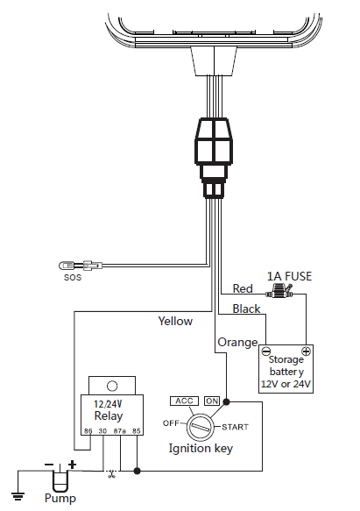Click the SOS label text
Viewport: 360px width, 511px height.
[x=73, y=277]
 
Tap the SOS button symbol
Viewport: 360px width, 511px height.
[x=67, y=266]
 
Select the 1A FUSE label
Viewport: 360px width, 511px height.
[x=289, y=276]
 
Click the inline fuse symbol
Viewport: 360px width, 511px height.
[x=279, y=291]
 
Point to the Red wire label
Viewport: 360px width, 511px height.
[x=243, y=288]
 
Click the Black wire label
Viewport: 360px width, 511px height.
[x=246, y=309]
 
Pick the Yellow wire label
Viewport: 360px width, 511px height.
[x=175, y=321]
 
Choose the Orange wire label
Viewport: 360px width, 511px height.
[x=238, y=342]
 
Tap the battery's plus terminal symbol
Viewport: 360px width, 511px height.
[x=306, y=351]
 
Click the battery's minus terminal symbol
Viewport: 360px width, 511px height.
[x=266, y=351]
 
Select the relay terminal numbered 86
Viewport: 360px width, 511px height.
[x=88, y=431]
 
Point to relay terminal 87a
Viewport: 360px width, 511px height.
[x=120, y=431]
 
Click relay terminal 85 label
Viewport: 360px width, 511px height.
[x=136, y=431]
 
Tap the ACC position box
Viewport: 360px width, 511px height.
[x=185, y=401]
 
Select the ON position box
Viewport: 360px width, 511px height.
[x=212, y=401]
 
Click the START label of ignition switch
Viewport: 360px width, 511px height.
[x=235, y=427]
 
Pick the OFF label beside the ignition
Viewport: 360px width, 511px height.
[x=171, y=423]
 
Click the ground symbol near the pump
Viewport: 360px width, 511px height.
[x=18, y=496]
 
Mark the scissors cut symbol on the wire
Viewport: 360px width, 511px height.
[x=112, y=473]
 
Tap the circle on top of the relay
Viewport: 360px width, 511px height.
[x=112, y=387]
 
